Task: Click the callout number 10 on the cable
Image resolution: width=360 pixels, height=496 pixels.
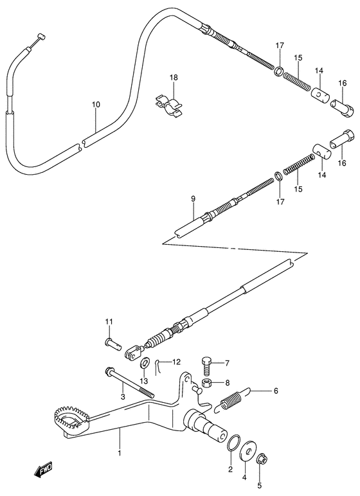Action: (95, 104)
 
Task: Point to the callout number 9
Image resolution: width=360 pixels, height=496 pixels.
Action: (192, 199)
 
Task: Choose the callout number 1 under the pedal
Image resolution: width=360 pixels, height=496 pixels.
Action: (120, 452)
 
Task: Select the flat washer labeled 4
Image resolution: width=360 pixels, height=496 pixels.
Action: (248, 453)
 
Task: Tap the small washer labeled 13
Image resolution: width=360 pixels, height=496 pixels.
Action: (144, 363)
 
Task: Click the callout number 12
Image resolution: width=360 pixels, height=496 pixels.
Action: (175, 362)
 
